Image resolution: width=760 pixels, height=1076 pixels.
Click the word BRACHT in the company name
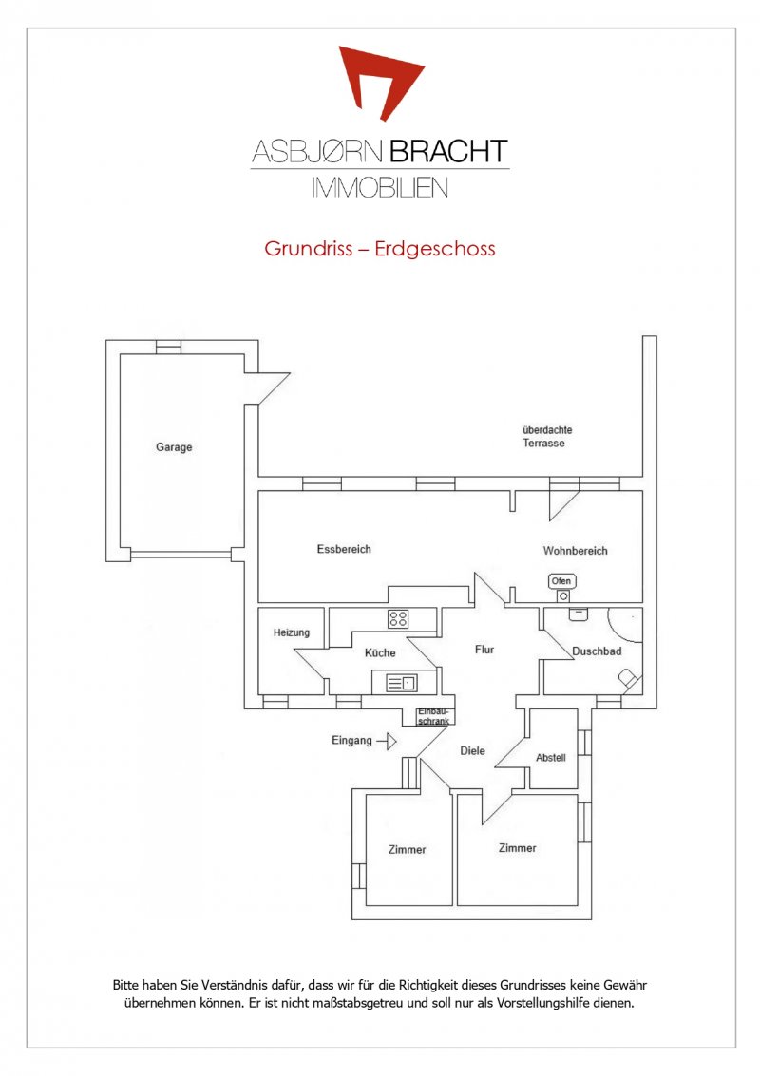[x=448, y=152]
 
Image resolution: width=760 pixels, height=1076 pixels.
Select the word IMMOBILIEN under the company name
[x=380, y=187]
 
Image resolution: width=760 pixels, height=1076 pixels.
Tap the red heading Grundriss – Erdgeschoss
[x=380, y=249]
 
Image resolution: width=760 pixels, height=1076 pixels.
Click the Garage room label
[x=174, y=447]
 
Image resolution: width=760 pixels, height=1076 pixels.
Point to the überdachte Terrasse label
[x=547, y=437]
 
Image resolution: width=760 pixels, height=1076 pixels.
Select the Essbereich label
[x=344, y=549]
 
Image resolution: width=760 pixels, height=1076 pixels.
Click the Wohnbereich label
[x=576, y=551]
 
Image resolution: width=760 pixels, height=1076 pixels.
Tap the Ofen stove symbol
[x=562, y=588]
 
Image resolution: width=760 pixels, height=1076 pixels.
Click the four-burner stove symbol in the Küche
[x=398, y=619]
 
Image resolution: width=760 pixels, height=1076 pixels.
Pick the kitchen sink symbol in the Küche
[x=402, y=684]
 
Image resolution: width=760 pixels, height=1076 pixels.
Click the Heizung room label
[x=291, y=632]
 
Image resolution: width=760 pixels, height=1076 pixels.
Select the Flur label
[x=484, y=650]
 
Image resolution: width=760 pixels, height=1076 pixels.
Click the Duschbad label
[x=597, y=651]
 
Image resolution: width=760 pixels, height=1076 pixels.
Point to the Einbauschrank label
[x=433, y=716]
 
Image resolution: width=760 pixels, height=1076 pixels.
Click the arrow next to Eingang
[x=387, y=741]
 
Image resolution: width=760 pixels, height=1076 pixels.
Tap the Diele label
[x=472, y=750]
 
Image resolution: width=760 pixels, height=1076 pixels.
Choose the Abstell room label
[x=551, y=758]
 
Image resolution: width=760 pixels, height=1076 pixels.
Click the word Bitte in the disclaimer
[x=125, y=986]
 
